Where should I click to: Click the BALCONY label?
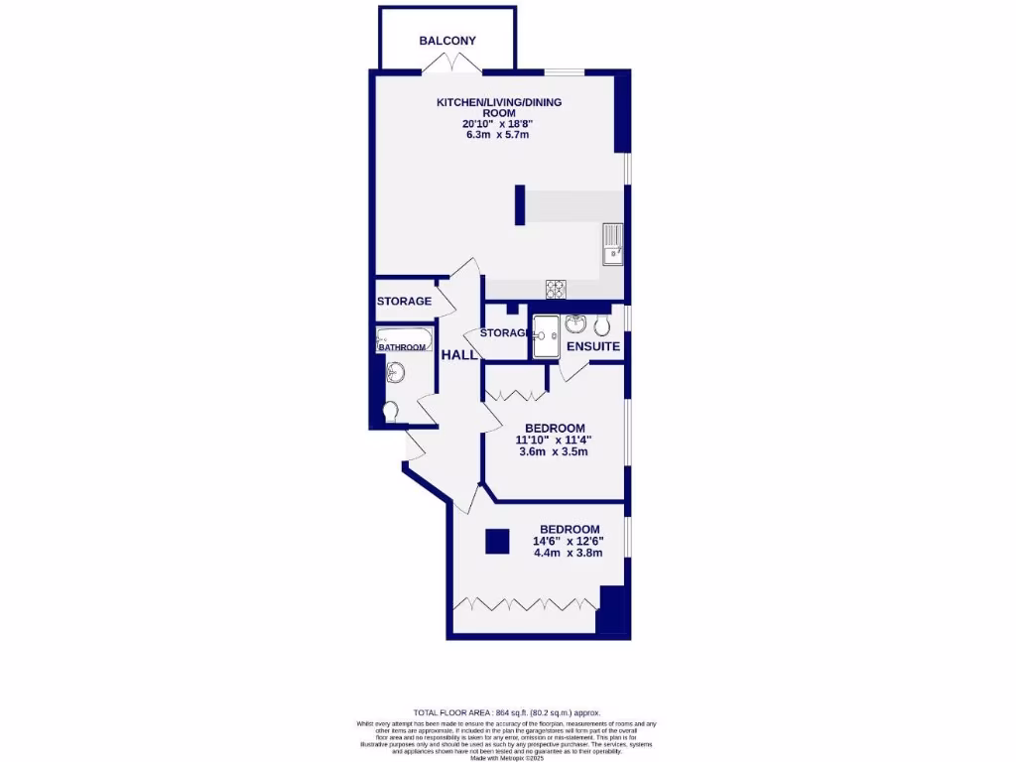click(447, 41)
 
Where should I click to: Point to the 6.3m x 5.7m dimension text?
click(497, 134)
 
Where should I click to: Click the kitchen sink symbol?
click(613, 245)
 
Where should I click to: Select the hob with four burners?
click(556, 289)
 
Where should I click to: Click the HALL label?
click(459, 355)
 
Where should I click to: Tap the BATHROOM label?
click(402, 347)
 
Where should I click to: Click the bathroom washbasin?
click(396, 373)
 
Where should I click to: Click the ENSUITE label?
click(593, 347)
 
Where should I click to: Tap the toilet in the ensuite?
click(602, 325)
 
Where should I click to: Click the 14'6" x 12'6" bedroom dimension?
click(570, 541)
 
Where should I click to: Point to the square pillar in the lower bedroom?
click(497, 541)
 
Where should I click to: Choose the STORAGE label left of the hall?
click(404, 301)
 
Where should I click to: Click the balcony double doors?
click(450, 63)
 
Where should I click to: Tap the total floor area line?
click(507, 712)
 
